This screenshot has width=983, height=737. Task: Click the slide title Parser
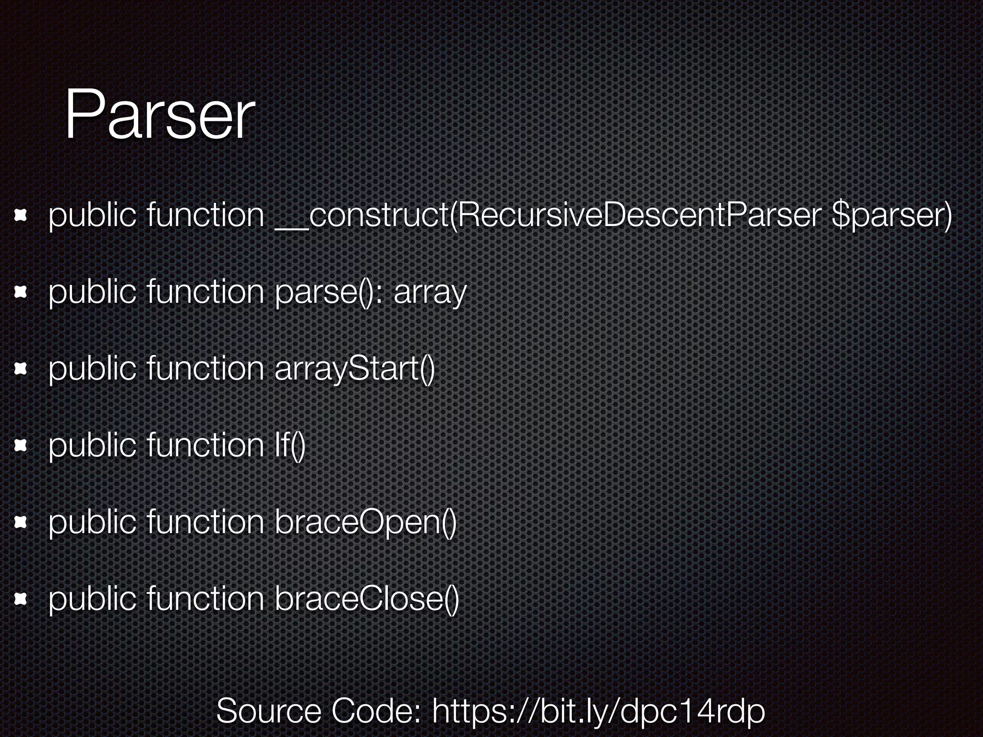[x=159, y=116]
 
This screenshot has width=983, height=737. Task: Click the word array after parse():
[x=430, y=293]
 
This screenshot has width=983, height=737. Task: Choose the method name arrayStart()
[x=355, y=369]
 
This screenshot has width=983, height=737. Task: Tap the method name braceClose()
[x=367, y=599]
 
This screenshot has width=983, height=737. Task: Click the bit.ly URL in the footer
[x=598, y=711]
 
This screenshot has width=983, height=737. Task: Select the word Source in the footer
[x=269, y=711]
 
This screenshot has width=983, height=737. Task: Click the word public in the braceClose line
[x=92, y=599]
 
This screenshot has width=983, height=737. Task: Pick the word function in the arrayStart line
[x=205, y=368]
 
